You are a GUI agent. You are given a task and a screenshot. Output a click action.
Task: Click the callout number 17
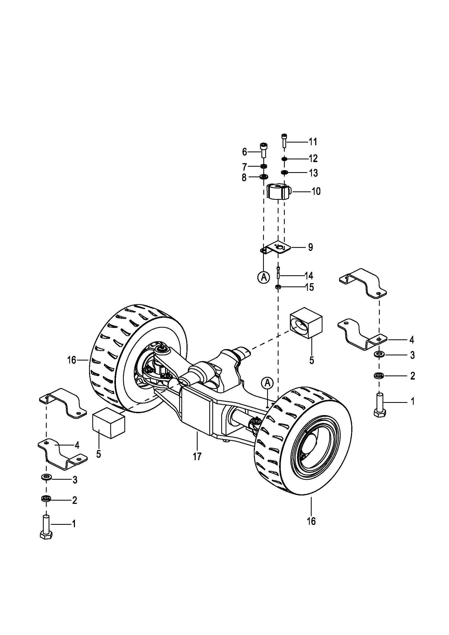point(197,456)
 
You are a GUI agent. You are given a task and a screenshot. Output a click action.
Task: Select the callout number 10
point(316,191)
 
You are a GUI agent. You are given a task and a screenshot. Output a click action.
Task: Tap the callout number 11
point(313,142)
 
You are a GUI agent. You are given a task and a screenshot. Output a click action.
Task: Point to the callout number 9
point(311,247)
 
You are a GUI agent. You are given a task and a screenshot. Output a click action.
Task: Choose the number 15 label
point(310,287)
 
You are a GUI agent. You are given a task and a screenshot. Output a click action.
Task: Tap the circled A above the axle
point(267,383)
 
